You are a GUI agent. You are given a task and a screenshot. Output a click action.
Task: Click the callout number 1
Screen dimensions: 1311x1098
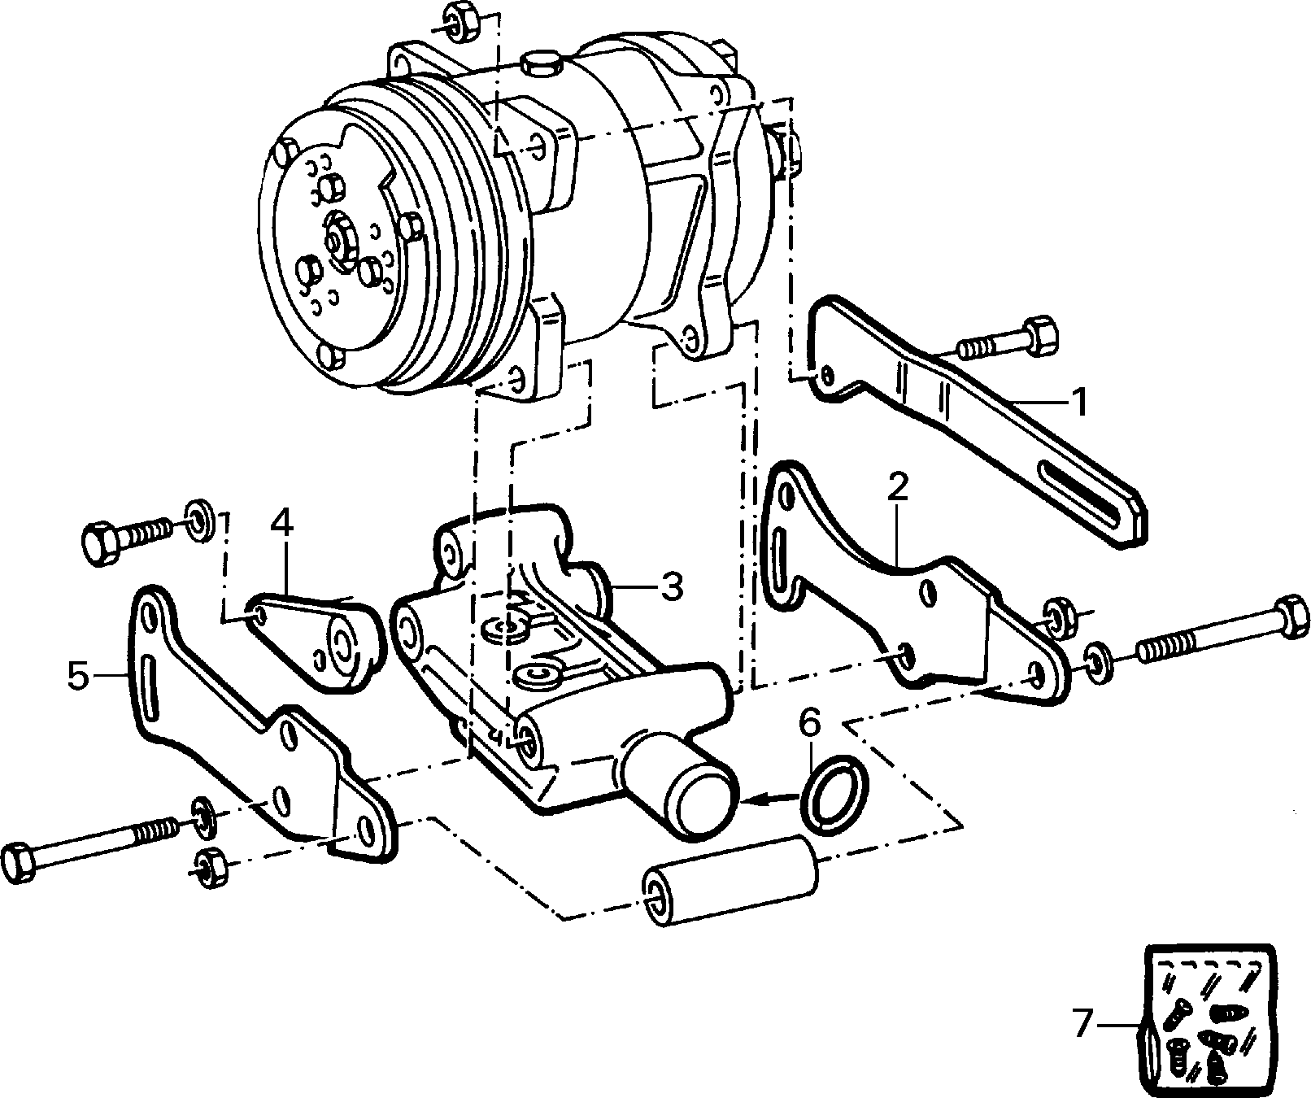tap(1078, 402)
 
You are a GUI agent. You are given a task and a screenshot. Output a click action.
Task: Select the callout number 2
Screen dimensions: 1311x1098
tap(897, 486)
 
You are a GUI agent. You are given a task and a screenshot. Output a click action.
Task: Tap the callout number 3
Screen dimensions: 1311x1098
tap(671, 586)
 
